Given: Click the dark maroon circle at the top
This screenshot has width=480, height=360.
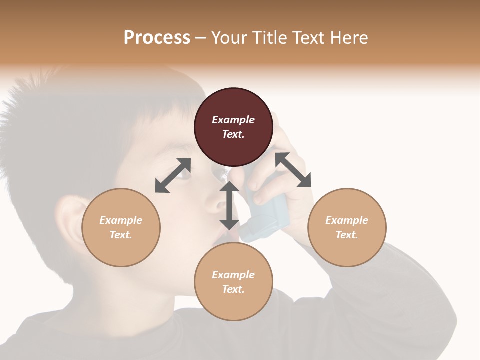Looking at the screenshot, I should click(x=233, y=127).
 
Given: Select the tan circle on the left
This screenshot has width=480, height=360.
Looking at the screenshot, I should click(x=121, y=227).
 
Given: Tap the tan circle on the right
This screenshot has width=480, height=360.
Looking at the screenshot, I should click(x=347, y=227).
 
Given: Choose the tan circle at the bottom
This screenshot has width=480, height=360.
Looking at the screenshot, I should click(x=233, y=282).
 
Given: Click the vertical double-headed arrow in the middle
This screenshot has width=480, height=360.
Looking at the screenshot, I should click(x=229, y=205).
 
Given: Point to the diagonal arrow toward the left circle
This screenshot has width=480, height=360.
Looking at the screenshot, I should click(x=173, y=175).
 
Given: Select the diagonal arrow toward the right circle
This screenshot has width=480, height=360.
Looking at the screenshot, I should click(x=293, y=170).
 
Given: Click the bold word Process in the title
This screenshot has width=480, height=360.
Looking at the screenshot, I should click(x=157, y=38).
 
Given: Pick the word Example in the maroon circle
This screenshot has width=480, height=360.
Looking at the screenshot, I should click(x=233, y=120).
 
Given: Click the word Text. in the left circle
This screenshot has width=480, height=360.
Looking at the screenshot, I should click(x=121, y=235).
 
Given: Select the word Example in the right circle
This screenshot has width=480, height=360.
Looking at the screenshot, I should click(x=347, y=220).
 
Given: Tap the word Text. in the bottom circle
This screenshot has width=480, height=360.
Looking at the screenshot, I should click(x=233, y=289).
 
